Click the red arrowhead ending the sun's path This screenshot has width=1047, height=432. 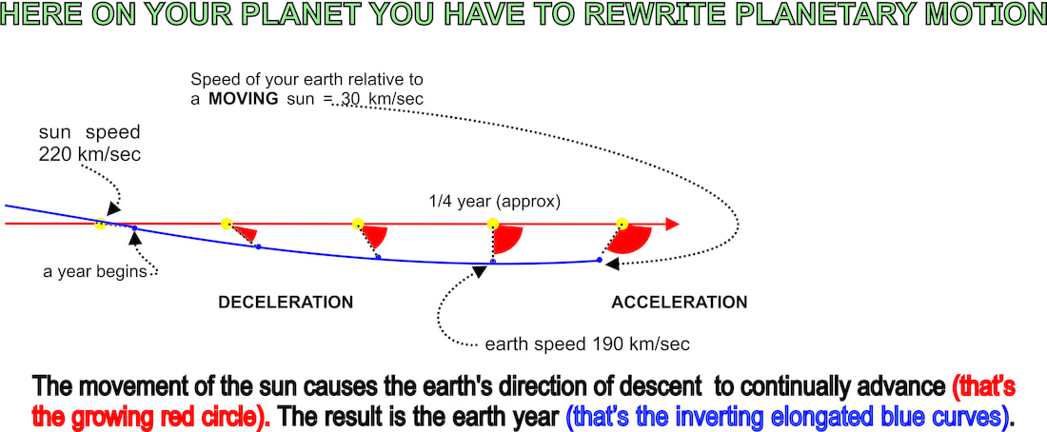(672, 224)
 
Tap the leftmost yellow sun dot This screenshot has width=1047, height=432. (100, 225)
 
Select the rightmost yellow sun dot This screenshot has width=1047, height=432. (622, 224)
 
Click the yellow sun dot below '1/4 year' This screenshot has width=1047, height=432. (493, 224)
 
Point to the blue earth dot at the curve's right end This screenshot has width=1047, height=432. (600, 260)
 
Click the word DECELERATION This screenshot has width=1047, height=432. (286, 303)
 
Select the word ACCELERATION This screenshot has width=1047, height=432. (679, 303)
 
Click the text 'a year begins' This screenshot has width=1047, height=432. (94, 272)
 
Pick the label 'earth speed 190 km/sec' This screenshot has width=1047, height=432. (587, 344)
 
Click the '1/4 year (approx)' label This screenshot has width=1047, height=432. (494, 202)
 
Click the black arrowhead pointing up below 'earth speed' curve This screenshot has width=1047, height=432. (479, 271)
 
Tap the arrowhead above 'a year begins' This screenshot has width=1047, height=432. (135, 238)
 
